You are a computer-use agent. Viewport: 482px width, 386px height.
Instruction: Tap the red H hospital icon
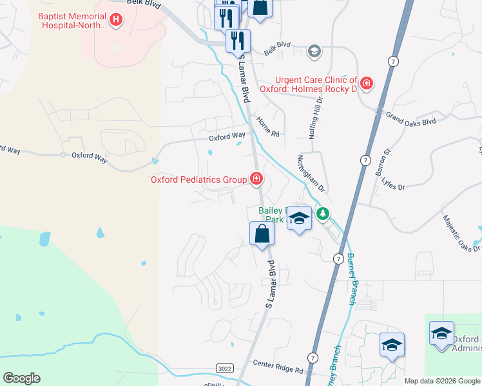(x=116, y=21)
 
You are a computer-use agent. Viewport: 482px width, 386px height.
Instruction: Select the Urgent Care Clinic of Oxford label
(x=308, y=84)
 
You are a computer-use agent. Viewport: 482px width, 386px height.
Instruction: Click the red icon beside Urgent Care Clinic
(x=367, y=83)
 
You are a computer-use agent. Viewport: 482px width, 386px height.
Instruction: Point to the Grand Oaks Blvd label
(x=410, y=118)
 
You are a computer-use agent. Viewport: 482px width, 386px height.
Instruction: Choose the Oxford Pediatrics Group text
(x=198, y=180)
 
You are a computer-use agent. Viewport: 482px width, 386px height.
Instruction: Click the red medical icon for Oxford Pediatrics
(x=256, y=179)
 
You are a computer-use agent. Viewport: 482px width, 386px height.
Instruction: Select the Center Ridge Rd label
(x=278, y=370)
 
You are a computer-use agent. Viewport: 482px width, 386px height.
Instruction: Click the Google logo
(x=21, y=378)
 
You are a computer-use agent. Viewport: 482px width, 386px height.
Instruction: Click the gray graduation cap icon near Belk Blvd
(x=314, y=51)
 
